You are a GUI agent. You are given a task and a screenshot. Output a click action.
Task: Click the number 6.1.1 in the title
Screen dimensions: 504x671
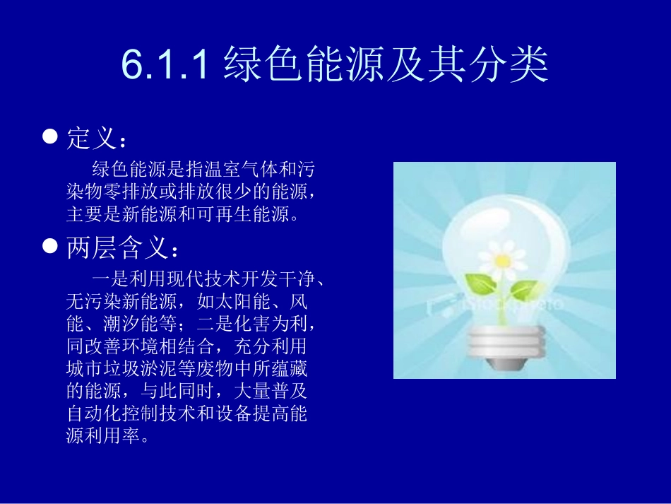coord(165,65)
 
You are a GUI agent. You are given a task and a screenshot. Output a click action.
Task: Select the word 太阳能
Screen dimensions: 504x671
coord(241,303)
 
